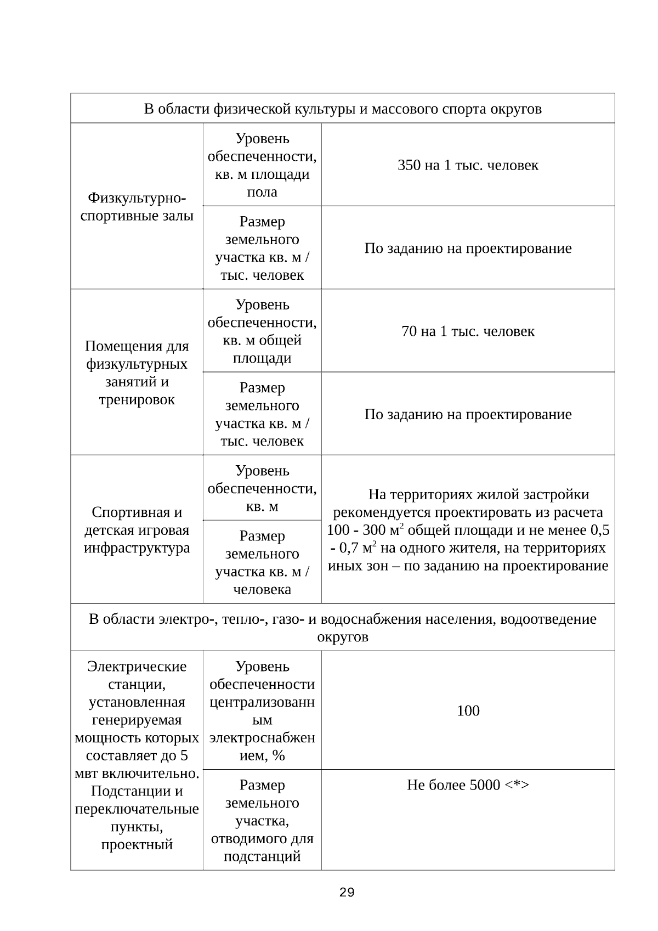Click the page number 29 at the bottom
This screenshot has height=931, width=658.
tap(347, 893)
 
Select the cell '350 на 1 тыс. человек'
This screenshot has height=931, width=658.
tap(468, 165)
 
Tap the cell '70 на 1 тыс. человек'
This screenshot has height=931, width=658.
tap(468, 331)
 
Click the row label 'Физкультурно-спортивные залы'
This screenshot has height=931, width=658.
tap(137, 206)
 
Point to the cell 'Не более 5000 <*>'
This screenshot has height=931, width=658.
tap(468, 785)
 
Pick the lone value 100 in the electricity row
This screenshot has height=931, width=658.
tap(468, 711)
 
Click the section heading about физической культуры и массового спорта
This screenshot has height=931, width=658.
tap(343, 109)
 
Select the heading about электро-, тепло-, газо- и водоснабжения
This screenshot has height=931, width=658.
tap(343, 620)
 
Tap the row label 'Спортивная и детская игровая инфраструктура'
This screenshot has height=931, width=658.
tap(137, 530)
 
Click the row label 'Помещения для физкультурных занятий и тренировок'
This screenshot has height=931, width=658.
tap(137, 373)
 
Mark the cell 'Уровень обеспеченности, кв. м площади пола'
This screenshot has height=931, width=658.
tap(262, 165)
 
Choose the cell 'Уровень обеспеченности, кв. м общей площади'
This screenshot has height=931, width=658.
tap(262, 331)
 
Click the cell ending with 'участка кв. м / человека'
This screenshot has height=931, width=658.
tap(262, 562)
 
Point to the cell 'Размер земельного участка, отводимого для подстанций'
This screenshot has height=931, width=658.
tap(262, 820)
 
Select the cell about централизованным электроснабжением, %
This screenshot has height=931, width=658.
tap(262, 711)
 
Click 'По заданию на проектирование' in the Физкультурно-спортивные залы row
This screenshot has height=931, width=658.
tap(468, 249)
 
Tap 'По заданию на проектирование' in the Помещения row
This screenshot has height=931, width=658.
tap(468, 414)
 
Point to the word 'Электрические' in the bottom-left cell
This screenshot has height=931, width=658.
tap(137, 667)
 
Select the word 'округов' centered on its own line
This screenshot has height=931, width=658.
tap(343, 637)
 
